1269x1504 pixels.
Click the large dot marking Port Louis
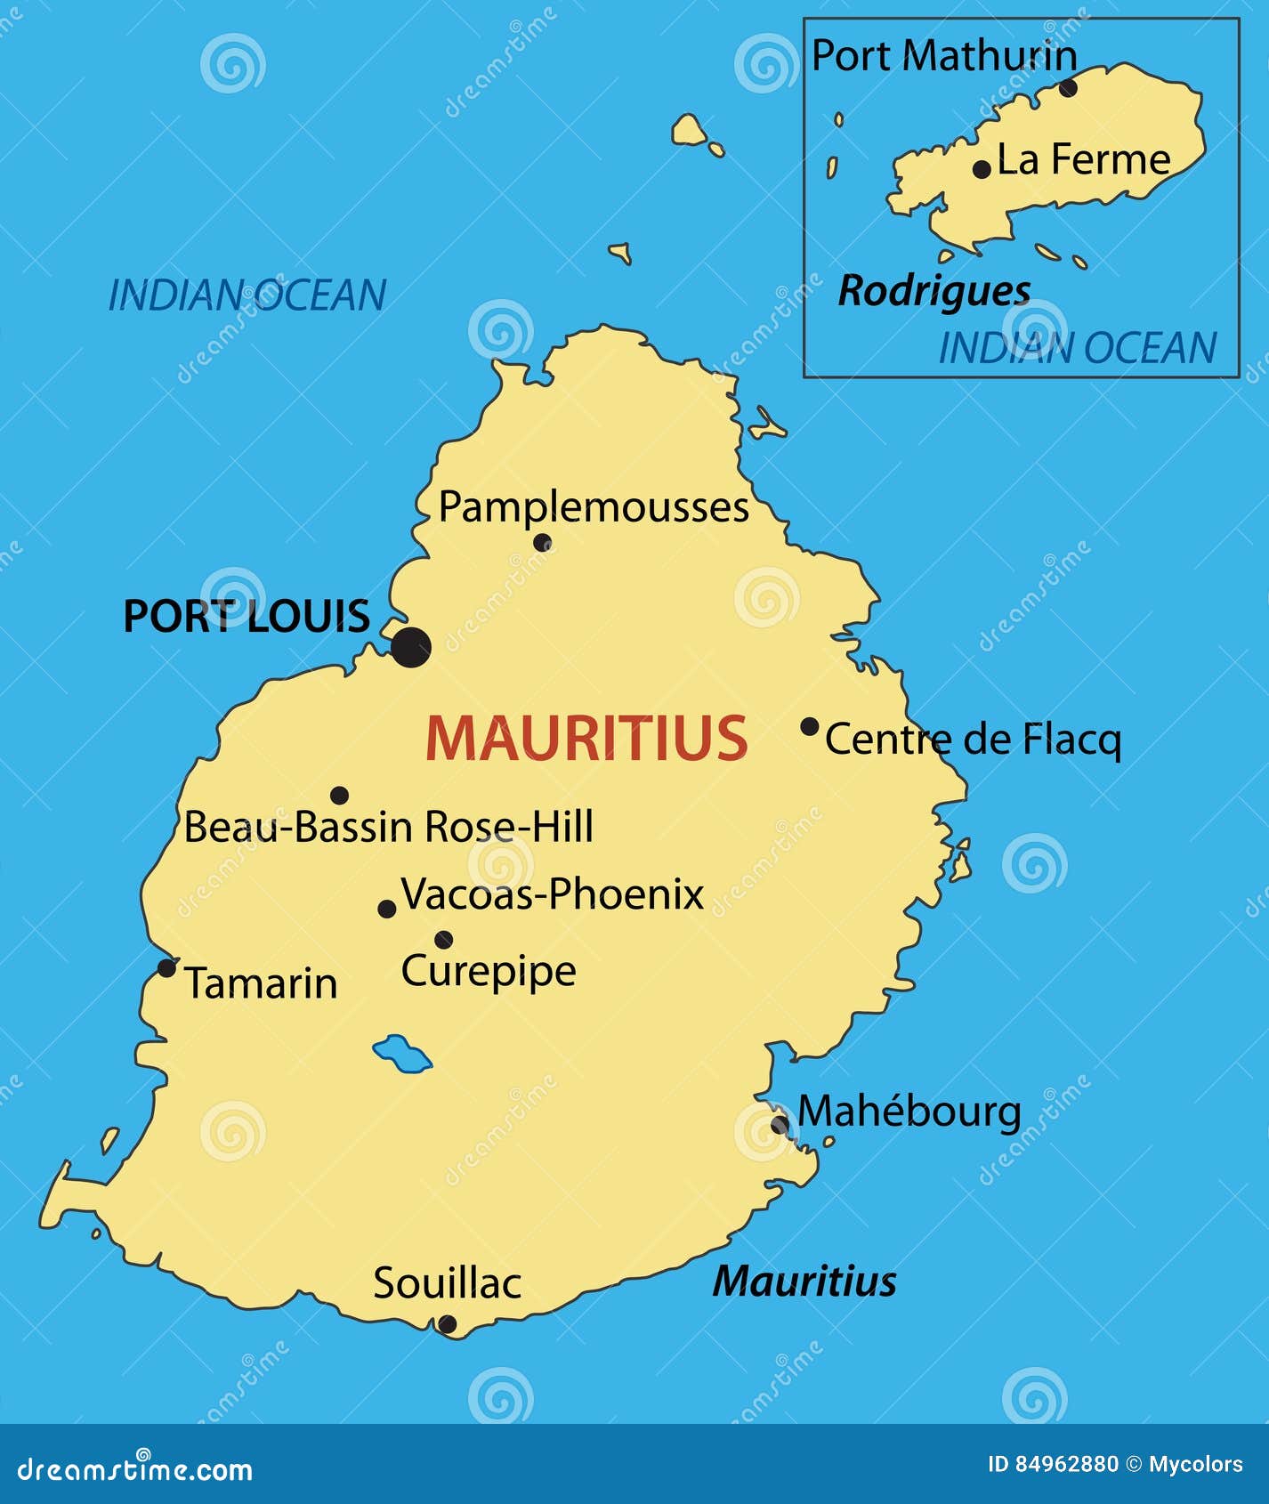pos(411,647)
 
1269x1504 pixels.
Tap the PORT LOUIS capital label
pos(246,617)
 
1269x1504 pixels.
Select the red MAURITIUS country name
pos(586,739)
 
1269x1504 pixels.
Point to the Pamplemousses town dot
pos(542,542)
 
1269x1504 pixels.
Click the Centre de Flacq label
pos(973,740)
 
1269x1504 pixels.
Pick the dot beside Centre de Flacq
pos(809,726)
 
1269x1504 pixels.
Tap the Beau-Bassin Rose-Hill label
pos(388,827)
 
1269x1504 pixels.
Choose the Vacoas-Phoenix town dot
pos(387,909)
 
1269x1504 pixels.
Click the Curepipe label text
pos(489,971)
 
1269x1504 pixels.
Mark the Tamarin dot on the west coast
pos(166,967)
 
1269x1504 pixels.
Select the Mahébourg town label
pos(909,1112)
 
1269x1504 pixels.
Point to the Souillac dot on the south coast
pos(448,1324)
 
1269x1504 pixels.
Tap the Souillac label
pos(447,1283)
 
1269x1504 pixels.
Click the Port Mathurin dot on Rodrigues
pos(1068,87)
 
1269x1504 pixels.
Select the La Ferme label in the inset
pos(1083,160)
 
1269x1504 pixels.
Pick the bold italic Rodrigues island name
pos(934,291)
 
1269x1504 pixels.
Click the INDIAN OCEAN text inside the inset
pos(1077,348)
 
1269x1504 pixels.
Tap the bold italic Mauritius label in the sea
pos(804,1282)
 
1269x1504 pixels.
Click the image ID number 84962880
pos(1066,1464)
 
